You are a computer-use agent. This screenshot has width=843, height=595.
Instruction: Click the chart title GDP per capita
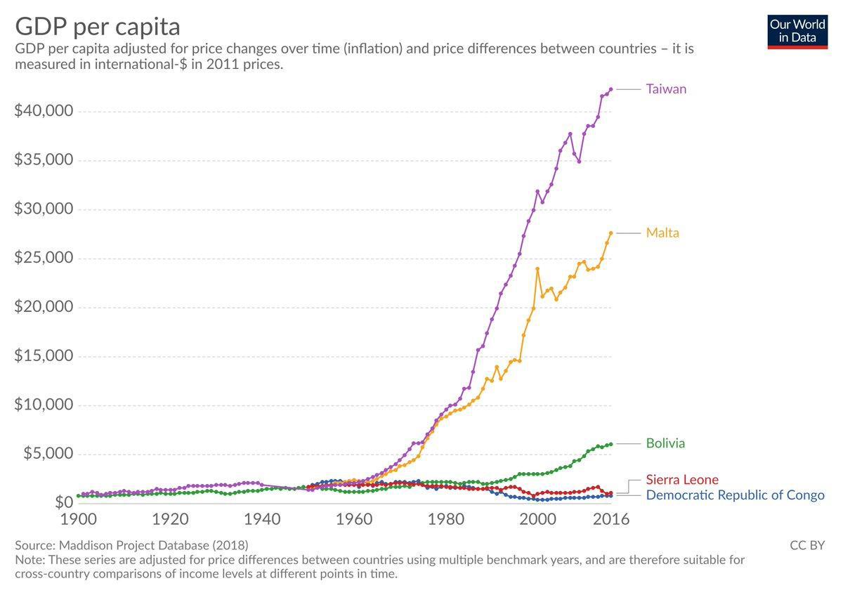pos(98,27)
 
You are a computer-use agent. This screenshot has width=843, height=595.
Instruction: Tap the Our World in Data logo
pos(797,32)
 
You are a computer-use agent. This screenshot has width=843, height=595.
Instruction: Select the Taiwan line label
pos(666,89)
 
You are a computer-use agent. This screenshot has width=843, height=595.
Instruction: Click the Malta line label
pos(662,233)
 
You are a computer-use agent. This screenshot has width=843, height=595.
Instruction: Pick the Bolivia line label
pos(665,443)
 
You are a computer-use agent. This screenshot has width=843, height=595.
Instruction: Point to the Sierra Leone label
pos(682,480)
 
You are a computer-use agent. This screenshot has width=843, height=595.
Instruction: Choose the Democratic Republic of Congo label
pos(735,495)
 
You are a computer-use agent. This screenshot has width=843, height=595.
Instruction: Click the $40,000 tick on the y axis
pos(44,112)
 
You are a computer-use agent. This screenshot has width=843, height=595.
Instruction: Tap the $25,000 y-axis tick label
pos(44,258)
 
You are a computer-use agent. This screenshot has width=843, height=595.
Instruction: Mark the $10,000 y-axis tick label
pos(44,405)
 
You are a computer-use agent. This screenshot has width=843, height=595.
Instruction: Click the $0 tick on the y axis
pos(63,502)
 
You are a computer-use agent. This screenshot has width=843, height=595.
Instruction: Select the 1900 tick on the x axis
pos(78,520)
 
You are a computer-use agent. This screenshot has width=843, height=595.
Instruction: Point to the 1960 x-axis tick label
pos(354,520)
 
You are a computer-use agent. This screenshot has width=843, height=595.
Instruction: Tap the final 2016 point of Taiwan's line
pos(611,89)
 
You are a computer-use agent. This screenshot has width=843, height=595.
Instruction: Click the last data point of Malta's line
pos(611,233)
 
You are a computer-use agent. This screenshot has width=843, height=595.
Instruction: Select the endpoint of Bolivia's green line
pos(611,444)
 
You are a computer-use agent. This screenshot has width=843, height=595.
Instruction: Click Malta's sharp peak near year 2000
pos(537,269)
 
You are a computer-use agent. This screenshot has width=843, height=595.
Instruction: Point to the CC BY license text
pos(807,545)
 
